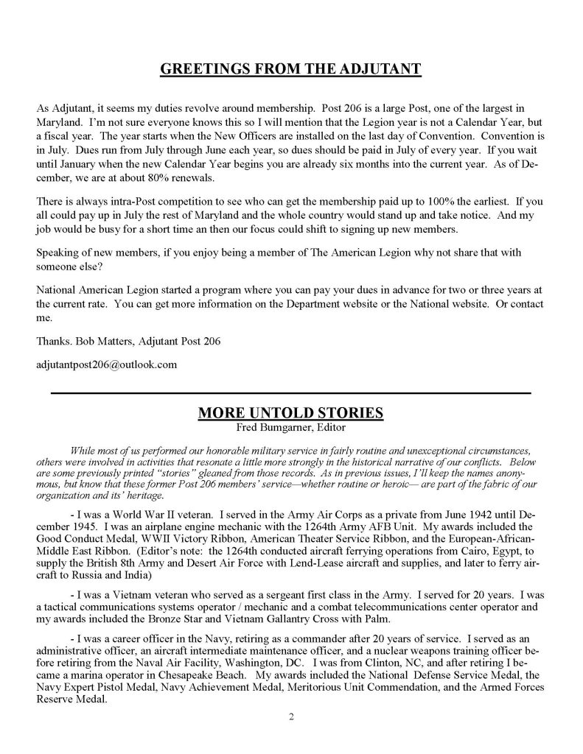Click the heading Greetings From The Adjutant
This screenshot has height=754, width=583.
coord(290,70)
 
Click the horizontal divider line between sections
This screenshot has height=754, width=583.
coord(290,394)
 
